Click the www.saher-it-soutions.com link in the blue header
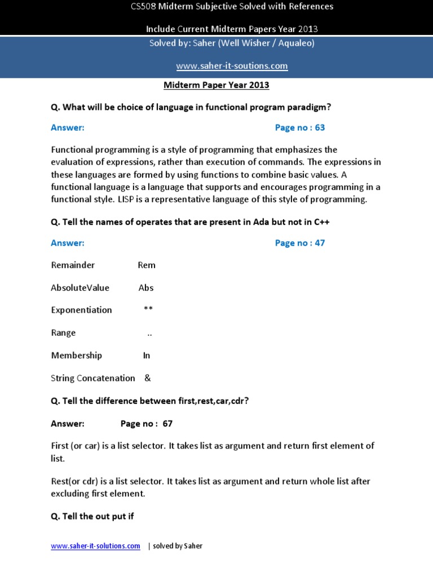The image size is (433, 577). [x=232, y=66]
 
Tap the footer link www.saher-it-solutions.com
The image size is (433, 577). [x=95, y=546]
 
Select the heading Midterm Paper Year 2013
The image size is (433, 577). [x=216, y=85]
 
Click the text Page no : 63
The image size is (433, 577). [x=300, y=128]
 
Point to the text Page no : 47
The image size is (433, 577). [x=300, y=243]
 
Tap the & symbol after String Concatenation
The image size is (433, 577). [x=148, y=378]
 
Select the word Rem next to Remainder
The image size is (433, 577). [x=147, y=265]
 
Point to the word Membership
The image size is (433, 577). [x=77, y=356]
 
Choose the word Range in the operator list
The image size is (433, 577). [x=63, y=333]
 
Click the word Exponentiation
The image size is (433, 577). [x=81, y=310]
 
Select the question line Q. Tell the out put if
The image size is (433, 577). [x=92, y=516]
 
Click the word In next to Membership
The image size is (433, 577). [x=147, y=356]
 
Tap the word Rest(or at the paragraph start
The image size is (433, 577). [x=67, y=482]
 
